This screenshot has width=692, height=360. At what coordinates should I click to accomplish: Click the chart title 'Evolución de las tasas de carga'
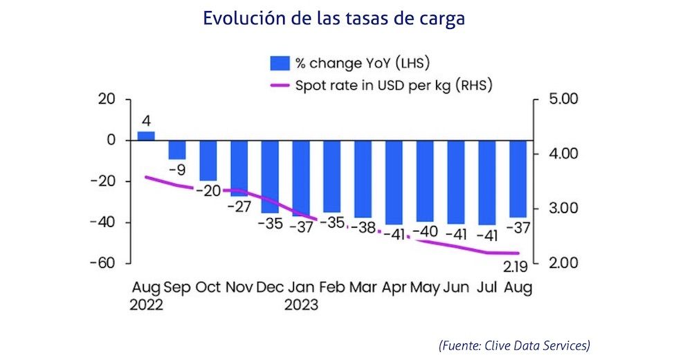(x=333, y=18)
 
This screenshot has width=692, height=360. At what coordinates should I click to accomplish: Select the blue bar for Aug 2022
(x=146, y=136)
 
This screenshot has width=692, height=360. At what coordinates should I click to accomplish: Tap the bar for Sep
(x=177, y=150)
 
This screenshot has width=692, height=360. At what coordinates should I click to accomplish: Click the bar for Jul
(x=486, y=181)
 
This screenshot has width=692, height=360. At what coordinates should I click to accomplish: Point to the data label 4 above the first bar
(x=146, y=120)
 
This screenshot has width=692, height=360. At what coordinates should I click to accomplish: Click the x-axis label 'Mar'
(x=363, y=287)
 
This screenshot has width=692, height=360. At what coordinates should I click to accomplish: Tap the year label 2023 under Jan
(x=300, y=305)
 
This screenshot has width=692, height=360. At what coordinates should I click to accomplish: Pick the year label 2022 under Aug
(x=146, y=305)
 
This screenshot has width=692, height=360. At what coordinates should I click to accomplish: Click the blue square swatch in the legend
(x=279, y=64)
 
